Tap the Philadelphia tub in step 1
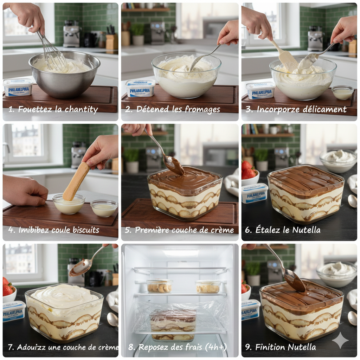pos(18,87)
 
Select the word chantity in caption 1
pos(81,109)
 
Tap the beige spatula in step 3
pos(285,57)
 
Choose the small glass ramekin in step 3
pos(342,92)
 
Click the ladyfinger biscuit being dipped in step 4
pos(76,181)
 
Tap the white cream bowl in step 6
pos(339,161)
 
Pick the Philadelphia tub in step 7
pos(14,311)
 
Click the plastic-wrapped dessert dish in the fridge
pos(173,324)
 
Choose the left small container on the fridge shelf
pos(160,286)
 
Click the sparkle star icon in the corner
pos(340,340)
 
